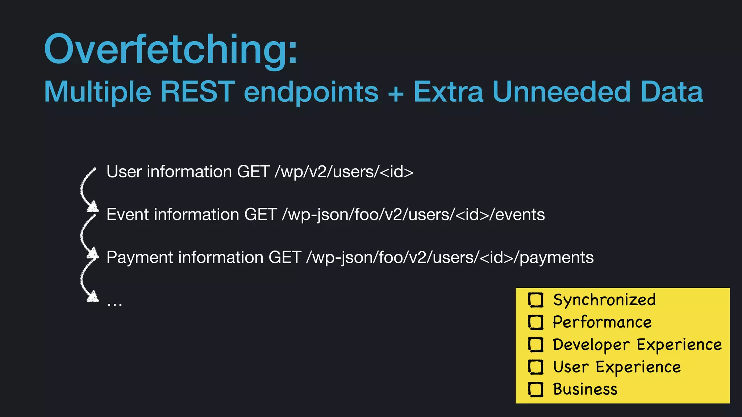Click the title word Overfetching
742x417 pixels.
pos(170,49)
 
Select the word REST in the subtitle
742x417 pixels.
pos(198,92)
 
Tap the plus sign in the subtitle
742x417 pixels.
pos(396,93)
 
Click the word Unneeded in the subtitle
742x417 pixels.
pos(562,92)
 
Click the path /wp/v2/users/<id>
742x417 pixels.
pos(344,172)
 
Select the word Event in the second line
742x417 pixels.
pos(128,215)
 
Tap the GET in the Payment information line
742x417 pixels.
pos(285,258)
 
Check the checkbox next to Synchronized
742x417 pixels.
pos(535,300)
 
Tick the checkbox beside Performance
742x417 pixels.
pos(535,322)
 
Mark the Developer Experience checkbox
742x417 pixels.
pos(535,345)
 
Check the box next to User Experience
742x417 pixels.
pos(535,367)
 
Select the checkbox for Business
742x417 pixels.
pos(535,389)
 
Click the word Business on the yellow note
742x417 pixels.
pos(585,389)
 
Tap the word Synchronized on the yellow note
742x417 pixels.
pos(604,300)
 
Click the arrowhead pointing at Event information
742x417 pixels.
pos(93,207)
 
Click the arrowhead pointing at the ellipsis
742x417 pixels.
pos(93,297)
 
